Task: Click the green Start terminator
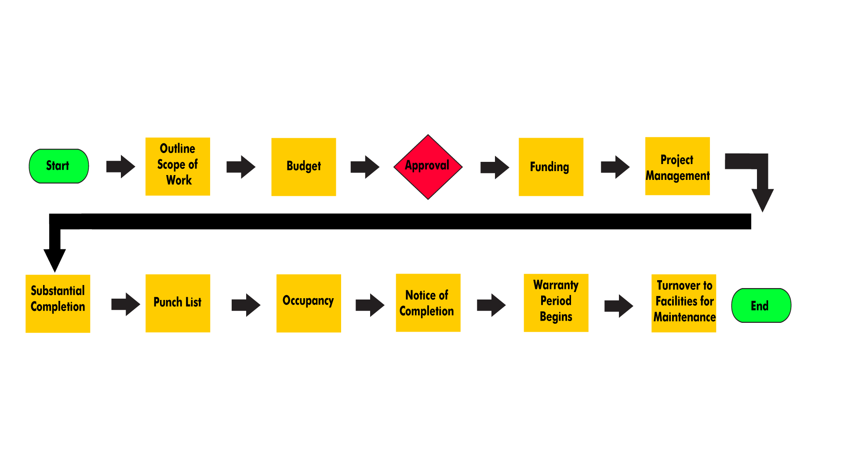[59, 166]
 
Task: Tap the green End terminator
[761, 306]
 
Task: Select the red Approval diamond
[428, 167]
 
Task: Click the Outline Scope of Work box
[178, 167]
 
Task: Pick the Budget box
[303, 167]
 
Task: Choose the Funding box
[551, 167]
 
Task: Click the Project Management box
[677, 166]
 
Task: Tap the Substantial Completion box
[58, 303]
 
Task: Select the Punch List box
[178, 303]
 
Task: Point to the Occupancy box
[309, 303]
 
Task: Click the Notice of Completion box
[428, 303]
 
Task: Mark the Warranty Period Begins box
[556, 303]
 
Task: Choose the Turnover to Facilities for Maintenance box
[684, 303]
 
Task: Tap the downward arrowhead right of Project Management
[763, 199]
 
